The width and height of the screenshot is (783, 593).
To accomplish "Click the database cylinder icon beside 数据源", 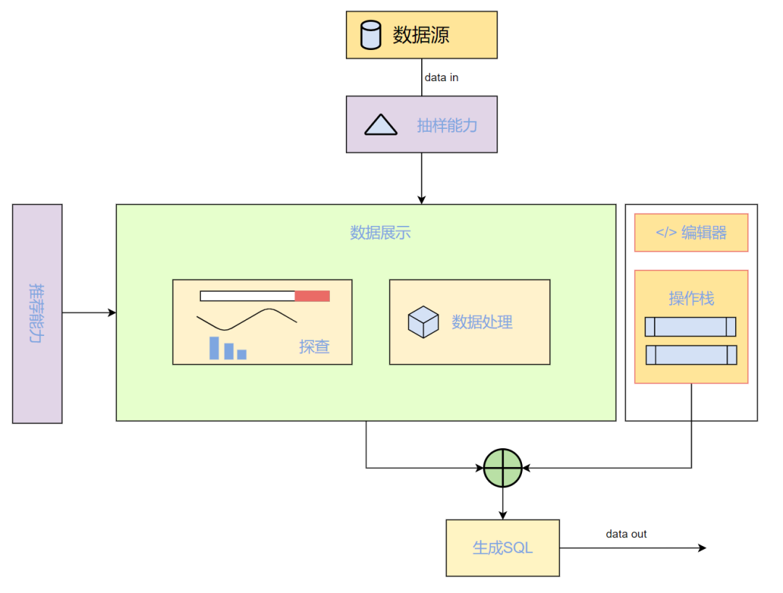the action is pyautogui.click(x=370, y=35).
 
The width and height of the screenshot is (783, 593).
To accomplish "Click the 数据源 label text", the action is pyautogui.click(x=421, y=35).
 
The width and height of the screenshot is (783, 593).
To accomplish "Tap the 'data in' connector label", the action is pyautogui.click(x=442, y=77).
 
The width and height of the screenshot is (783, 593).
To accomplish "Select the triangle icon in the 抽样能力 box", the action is pyautogui.click(x=381, y=125).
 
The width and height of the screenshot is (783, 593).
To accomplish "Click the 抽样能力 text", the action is pyautogui.click(x=447, y=125).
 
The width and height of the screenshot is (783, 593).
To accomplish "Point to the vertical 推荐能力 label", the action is pyautogui.click(x=36, y=314).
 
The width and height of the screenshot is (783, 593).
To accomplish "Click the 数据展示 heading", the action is pyautogui.click(x=381, y=232).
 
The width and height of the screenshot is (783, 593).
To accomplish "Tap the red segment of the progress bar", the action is pyautogui.click(x=312, y=296).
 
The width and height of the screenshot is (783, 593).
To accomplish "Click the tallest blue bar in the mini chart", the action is pyautogui.click(x=214, y=348).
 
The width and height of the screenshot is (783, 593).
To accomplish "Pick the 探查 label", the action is pyautogui.click(x=314, y=347).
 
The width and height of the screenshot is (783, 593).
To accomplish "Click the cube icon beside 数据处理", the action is pyautogui.click(x=423, y=322).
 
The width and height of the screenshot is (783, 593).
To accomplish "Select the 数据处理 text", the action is pyautogui.click(x=482, y=322).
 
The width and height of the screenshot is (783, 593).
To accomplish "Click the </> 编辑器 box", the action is pyautogui.click(x=691, y=233).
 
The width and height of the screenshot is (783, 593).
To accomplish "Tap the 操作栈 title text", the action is pyautogui.click(x=692, y=298).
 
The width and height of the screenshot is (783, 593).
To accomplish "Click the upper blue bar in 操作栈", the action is pyautogui.click(x=691, y=327).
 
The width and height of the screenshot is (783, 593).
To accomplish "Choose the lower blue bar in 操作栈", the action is pyautogui.click(x=691, y=355).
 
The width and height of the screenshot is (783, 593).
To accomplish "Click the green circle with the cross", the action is pyautogui.click(x=503, y=468).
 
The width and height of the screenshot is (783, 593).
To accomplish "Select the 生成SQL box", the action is pyautogui.click(x=503, y=548).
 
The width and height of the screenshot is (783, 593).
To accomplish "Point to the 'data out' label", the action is pyautogui.click(x=626, y=534).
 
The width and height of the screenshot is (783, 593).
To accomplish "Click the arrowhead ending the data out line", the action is pyautogui.click(x=703, y=548).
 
